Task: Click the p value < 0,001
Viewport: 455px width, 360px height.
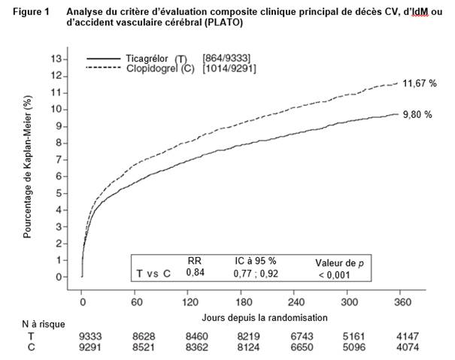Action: pos(332,275)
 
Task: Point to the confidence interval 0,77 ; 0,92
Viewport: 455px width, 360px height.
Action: pos(255,274)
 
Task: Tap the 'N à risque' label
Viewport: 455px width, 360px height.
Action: pos(44,324)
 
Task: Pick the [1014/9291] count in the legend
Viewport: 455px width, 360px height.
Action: pos(232,70)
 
